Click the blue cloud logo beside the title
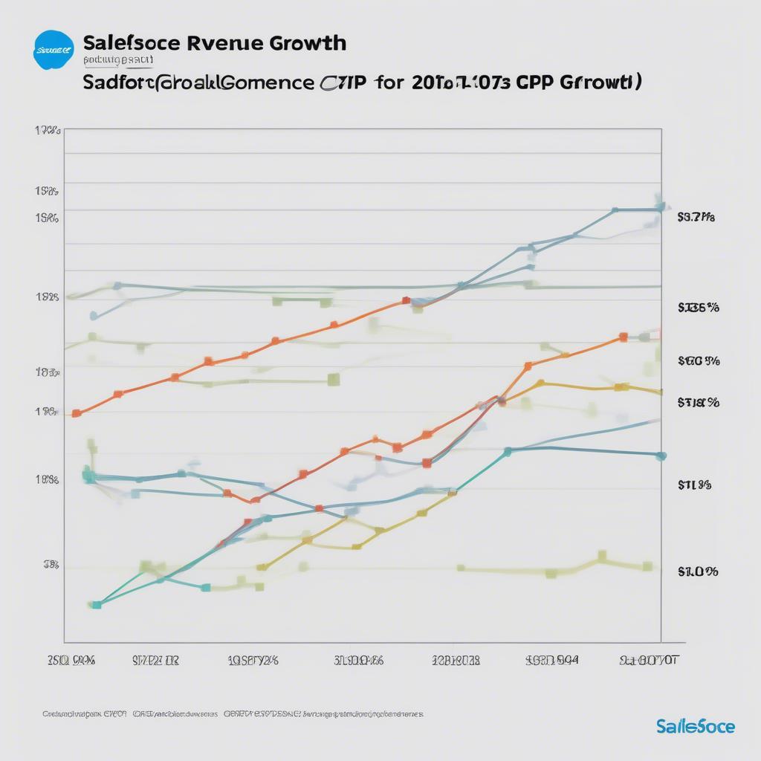pos(54,49)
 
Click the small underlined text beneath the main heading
pos(118,59)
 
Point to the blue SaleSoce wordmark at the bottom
pos(696,726)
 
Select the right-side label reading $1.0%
pos(697,571)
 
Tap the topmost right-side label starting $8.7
pos(696,218)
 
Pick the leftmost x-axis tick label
pos(71,660)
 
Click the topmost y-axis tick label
pos(47,131)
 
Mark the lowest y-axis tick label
pos(51,565)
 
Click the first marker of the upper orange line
pos(76,413)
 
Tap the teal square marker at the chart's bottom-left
pos(96,605)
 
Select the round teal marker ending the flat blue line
pos(661,456)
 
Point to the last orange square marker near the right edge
pos(624,337)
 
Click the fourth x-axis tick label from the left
pos(359,660)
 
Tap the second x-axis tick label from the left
pos(156,660)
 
